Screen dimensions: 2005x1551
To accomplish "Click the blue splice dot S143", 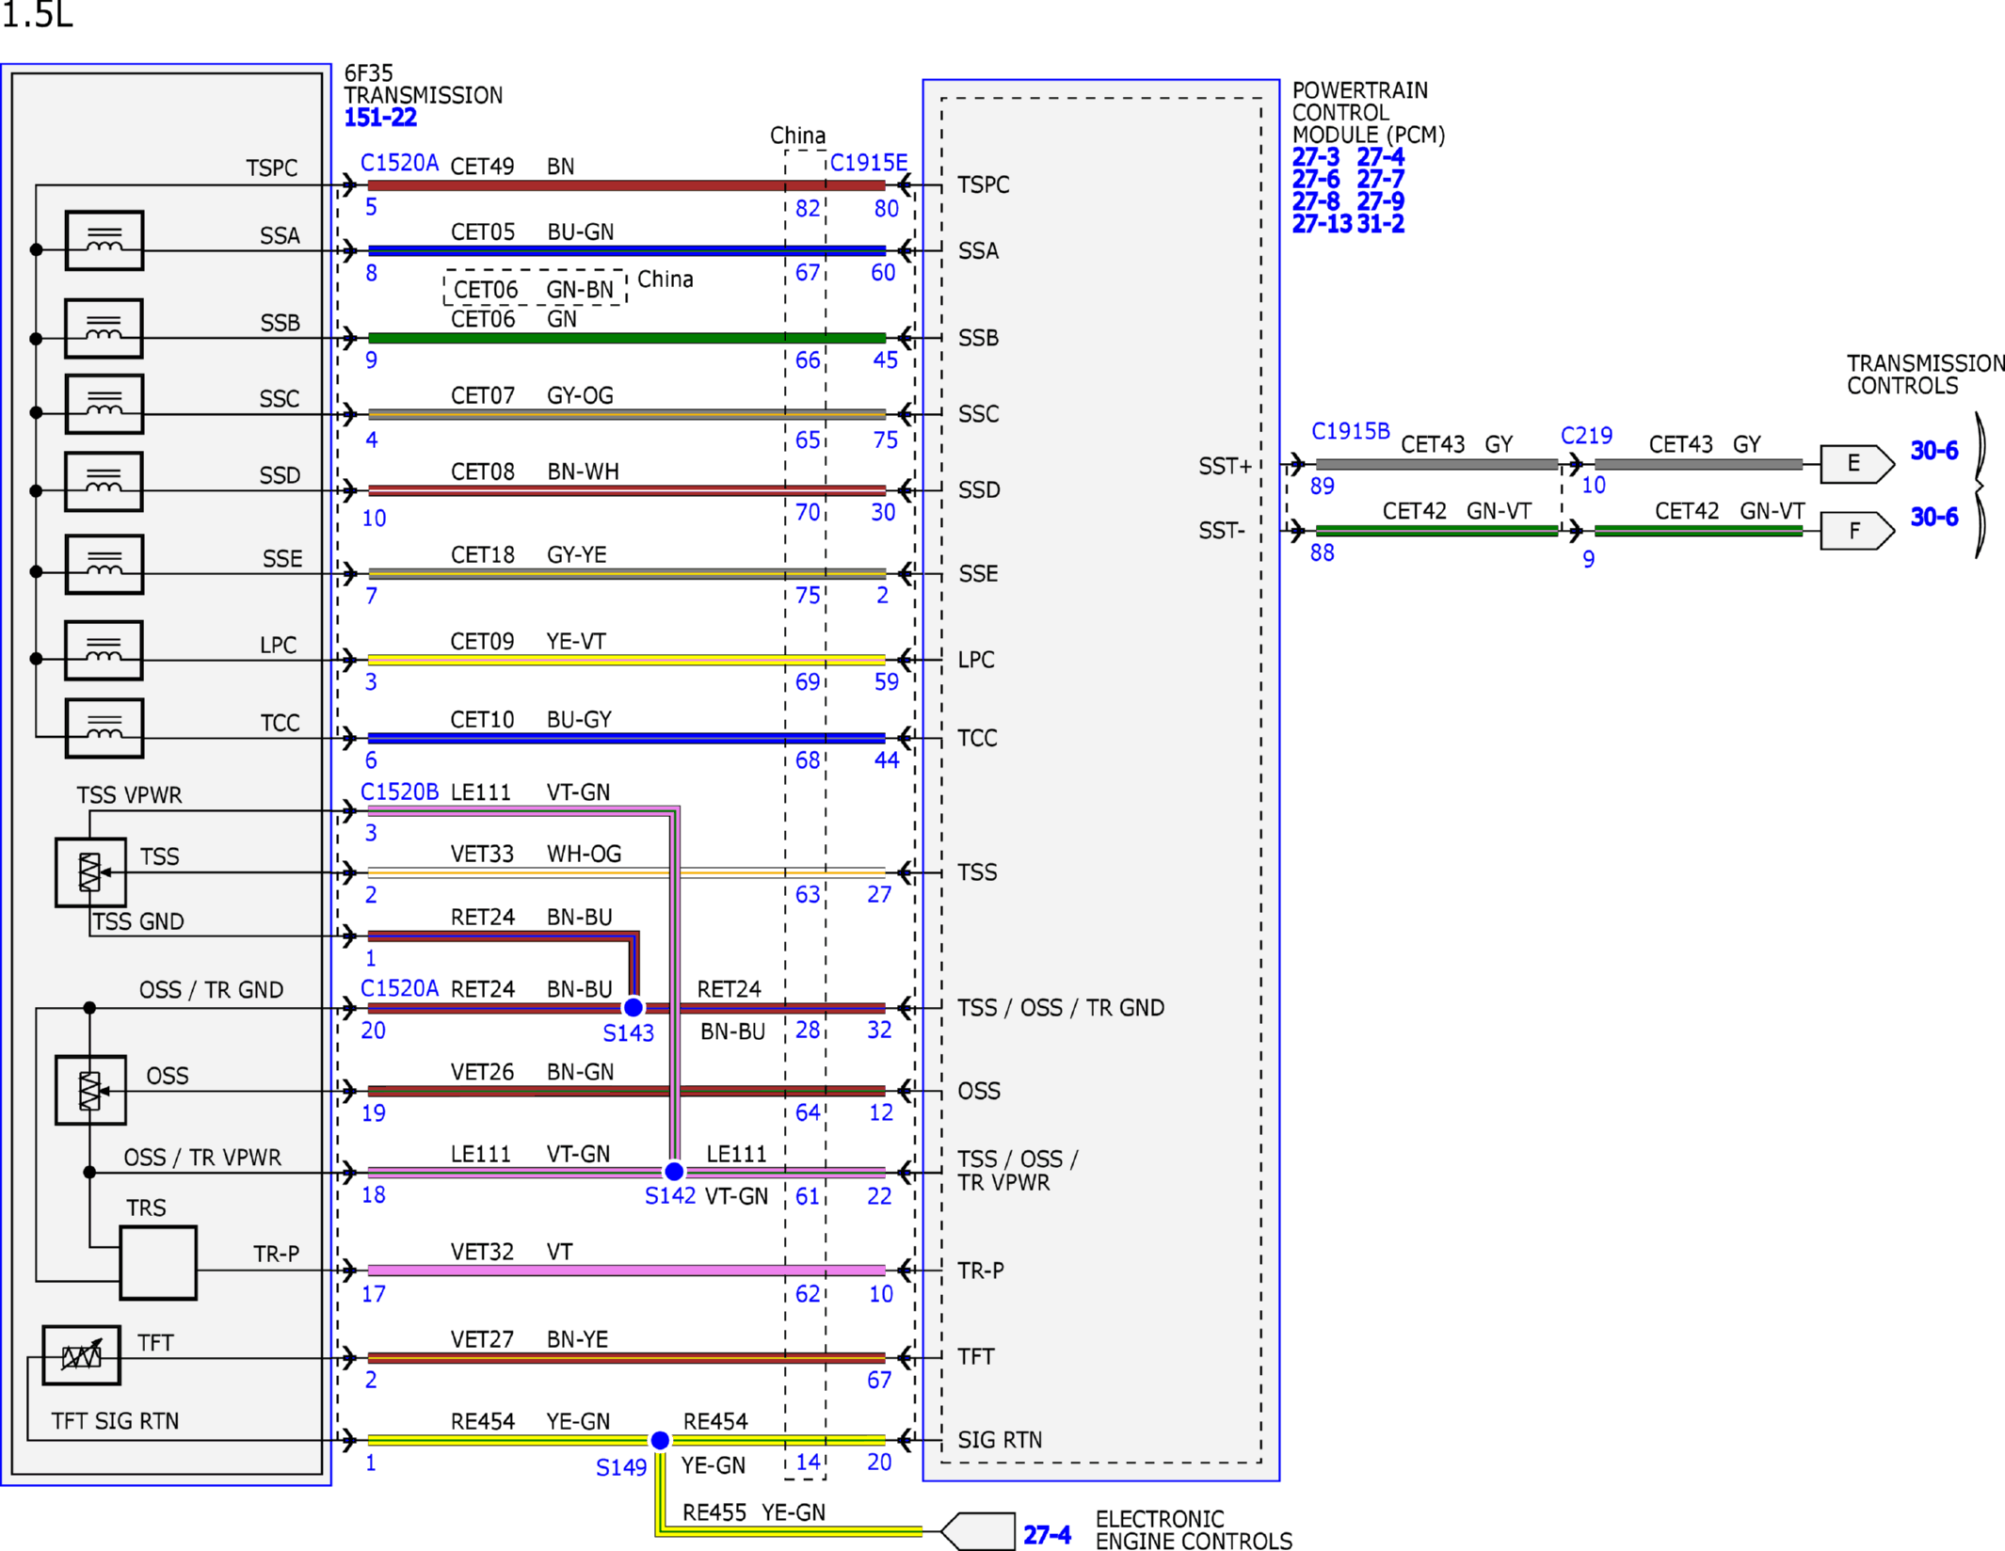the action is coord(634,1007).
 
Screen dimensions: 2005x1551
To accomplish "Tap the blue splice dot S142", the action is coord(674,1172).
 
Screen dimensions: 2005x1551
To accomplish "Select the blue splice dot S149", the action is coord(660,1440).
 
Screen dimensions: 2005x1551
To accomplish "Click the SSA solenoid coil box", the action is coord(104,241).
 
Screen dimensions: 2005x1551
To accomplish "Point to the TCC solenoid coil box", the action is coord(104,728).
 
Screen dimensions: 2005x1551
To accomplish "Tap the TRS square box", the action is coord(158,1263).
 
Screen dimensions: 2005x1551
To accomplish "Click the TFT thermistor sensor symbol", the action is coord(82,1355).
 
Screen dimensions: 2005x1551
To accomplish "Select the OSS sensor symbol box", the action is coord(90,1090).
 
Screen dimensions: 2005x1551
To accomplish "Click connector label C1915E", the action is coord(869,163).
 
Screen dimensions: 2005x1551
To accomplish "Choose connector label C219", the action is coord(1586,436).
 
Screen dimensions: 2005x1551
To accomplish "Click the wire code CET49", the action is coord(482,167).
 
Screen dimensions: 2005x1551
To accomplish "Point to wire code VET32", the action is coord(482,1252).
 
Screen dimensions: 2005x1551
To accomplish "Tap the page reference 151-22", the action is coord(380,118).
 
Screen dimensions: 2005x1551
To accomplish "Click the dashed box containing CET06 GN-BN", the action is coord(535,288).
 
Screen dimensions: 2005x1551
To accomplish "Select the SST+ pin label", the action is coord(1225,466).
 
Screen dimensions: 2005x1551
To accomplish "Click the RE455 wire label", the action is coord(714,1512).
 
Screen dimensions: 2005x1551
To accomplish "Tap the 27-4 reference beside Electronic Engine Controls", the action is coord(1047,1535).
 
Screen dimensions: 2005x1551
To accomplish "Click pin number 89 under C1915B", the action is coord(1323,487).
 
